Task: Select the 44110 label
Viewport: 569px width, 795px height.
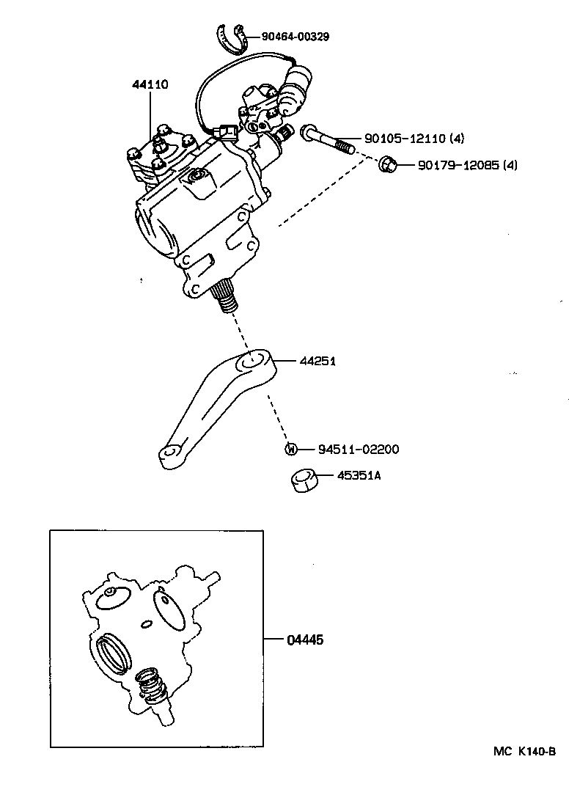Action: tap(150, 84)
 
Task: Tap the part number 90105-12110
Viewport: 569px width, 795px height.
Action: tap(404, 139)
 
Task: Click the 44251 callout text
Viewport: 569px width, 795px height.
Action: tap(317, 361)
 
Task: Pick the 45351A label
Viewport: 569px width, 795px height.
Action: tap(359, 476)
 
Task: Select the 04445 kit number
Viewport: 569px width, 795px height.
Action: tap(305, 640)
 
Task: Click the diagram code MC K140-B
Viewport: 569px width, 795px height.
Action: tap(524, 752)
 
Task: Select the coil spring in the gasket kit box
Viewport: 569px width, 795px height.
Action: tap(150, 686)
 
